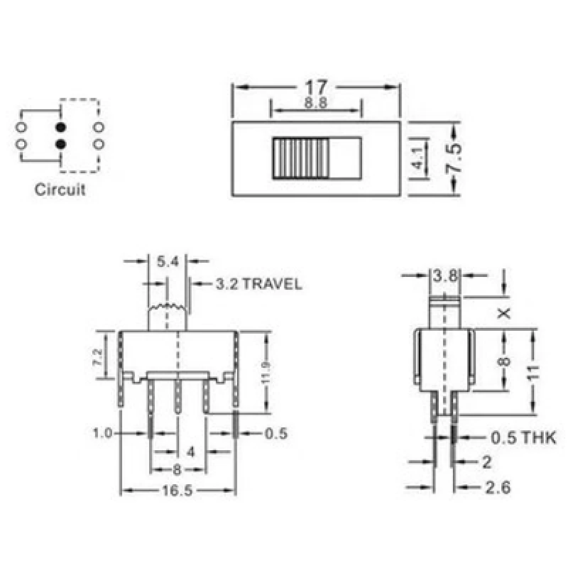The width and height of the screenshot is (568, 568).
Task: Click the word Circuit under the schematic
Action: (x=60, y=190)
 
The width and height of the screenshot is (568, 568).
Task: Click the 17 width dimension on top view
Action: (x=316, y=87)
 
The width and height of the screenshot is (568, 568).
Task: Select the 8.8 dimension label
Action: (x=316, y=103)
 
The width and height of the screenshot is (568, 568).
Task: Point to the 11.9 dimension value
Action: (x=266, y=372)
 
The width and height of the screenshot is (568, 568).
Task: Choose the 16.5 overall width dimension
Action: (x=178, y=490)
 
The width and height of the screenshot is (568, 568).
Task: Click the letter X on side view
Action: (x=503, y=313)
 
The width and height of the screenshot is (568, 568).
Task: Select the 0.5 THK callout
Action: (x=523, y=438)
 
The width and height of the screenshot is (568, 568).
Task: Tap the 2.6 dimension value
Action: (x=497, y=488)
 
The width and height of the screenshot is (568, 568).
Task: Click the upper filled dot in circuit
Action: (x=60, y=127)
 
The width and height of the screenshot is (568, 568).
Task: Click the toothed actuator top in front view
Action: (x=168, y=310)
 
